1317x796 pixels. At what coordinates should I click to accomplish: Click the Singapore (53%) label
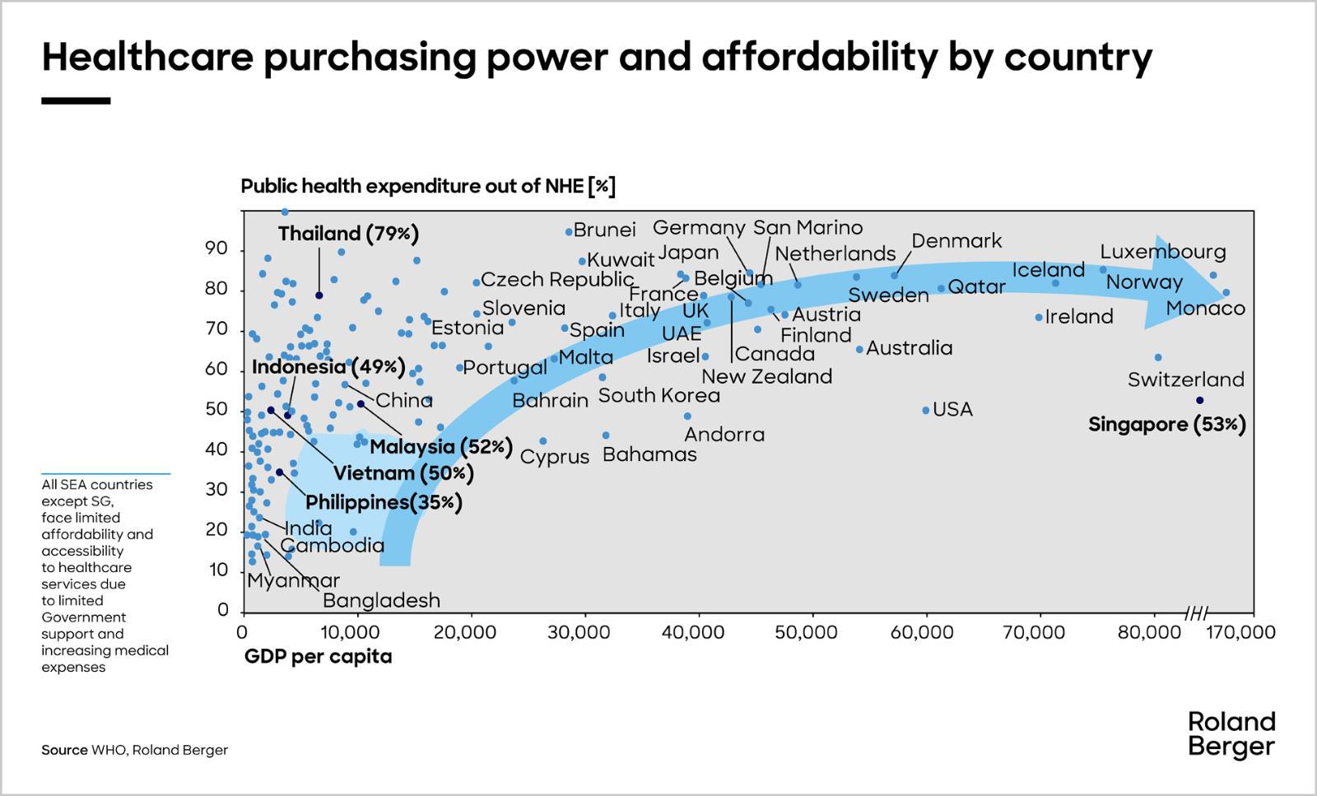pyautogui.click(x=1166, y=425)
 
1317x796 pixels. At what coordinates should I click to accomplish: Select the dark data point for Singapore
pyautogui.click(x=1199, y=400)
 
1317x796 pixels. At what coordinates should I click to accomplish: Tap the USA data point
pyautogui.click(x=926, y=410)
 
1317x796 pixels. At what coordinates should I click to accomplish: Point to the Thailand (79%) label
pyautogui.click(x=348, y=234)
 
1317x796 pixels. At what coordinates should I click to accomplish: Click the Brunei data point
pyautogui.click(x=569, y=232)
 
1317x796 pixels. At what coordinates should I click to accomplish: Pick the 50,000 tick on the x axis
pyautogui.click(x=812, y=631)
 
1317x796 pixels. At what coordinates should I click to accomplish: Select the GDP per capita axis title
pyautogui.click(x=318, y=657)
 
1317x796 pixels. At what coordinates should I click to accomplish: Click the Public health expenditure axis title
pyautogui.click(x=428, y=186)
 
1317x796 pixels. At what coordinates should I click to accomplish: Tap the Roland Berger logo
pyautogui.click(x=1231, y=734)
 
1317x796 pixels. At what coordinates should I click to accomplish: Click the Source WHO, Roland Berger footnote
pyautogui.click(x=135, y=750)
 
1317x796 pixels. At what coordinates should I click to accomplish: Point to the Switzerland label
pyautogui.click(x=1185, y=379)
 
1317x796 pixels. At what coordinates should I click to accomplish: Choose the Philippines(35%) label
pyautogui.click(x=384, y=502)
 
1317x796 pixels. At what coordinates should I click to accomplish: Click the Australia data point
pyautogui.click(x=860, y=349)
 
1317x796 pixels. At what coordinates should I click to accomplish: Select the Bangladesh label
pyautogui.click(x=381, y=601)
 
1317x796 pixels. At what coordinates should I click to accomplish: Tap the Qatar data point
pyautogui.click(x=942, y=288)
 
